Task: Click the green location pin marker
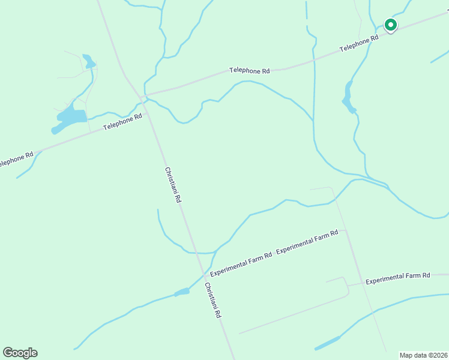[390, 25]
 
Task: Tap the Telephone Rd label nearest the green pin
[359, 42]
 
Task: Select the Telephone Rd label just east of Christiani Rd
[249, 71]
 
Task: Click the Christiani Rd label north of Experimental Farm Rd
[173, 185]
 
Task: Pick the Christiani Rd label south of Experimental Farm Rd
[213, 300]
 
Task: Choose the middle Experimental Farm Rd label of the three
[307, 241]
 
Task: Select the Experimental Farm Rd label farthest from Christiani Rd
[397, 277]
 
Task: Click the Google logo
[20, 352]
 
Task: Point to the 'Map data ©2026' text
[423, 355]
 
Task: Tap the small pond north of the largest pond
[89, 61]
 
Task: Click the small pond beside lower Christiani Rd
[181, 292]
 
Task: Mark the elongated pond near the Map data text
[327, 344]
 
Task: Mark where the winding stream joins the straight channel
[313, 120]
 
